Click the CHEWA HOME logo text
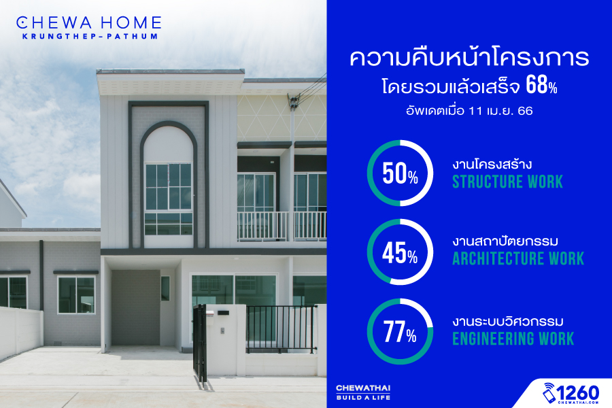(x=89, y=22)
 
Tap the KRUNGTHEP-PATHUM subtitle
(x=90, y=36)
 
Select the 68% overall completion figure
(x=541, y=85)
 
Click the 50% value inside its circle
(x=400, y=173)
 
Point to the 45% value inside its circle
(x=400, y=253)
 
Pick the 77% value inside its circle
(x=400, y=333)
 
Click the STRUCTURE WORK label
(x=507, y=182)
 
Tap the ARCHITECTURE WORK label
(x=518, y=258)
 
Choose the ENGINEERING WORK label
(x=513, y=339)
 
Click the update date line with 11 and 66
(x=469, y=111)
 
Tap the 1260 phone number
(x=578, y=392)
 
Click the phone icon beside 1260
(x=549, y=393)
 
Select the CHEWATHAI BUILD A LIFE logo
(x=363, y=392)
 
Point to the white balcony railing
(x=282, y=226)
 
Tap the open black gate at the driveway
(x=200, y=343)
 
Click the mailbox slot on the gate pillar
(x=223, y=313)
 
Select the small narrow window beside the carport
(x=165, y=288)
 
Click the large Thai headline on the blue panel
(x=469, y=57)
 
